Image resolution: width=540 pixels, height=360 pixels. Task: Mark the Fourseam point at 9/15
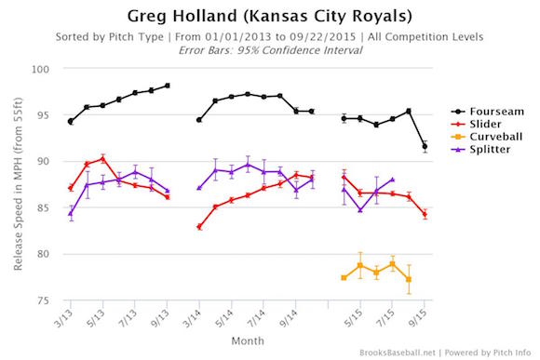point(425,146)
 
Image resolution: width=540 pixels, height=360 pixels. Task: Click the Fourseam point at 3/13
point(71,121)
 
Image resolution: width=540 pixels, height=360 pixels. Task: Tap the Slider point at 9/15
point(425,214)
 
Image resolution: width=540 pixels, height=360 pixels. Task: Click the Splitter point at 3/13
point(71,213)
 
